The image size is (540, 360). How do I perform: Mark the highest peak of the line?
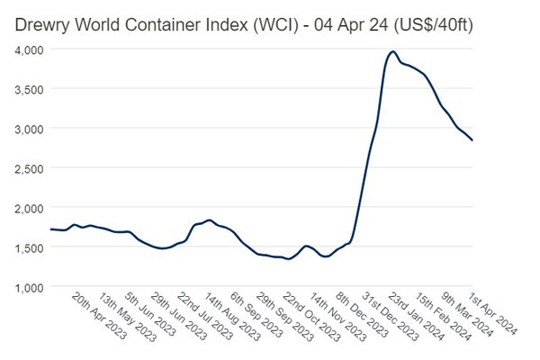tap(392, 52)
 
